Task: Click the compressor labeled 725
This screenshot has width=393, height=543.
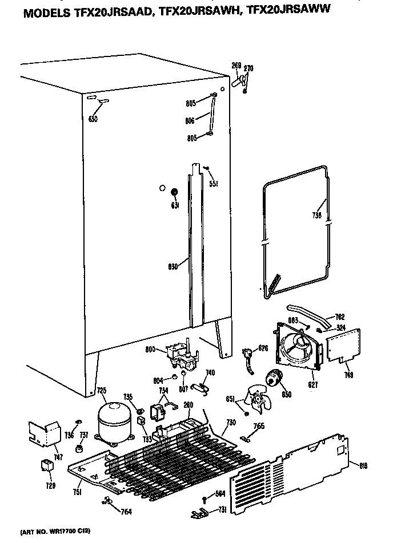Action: (114, 421)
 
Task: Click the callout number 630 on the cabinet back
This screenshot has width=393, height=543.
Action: (93, 119)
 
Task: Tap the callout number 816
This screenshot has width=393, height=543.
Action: (363, 465)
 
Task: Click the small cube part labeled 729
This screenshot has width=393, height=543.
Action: (46, 465)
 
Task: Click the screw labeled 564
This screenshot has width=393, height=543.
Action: (204, 500)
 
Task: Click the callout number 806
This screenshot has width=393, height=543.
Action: (190, 120)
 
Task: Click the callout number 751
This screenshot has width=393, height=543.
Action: (77, 492)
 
